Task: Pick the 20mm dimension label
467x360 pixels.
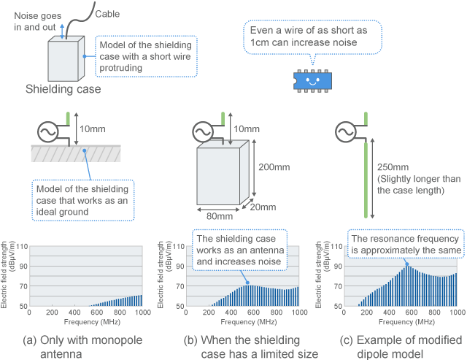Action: pyautogui.click(x=266, y=207)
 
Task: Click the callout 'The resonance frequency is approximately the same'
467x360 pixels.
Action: pyautogui.click(x=405, y=244)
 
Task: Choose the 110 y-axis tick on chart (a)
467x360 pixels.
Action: pyautogui.click(x=20, y=247)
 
